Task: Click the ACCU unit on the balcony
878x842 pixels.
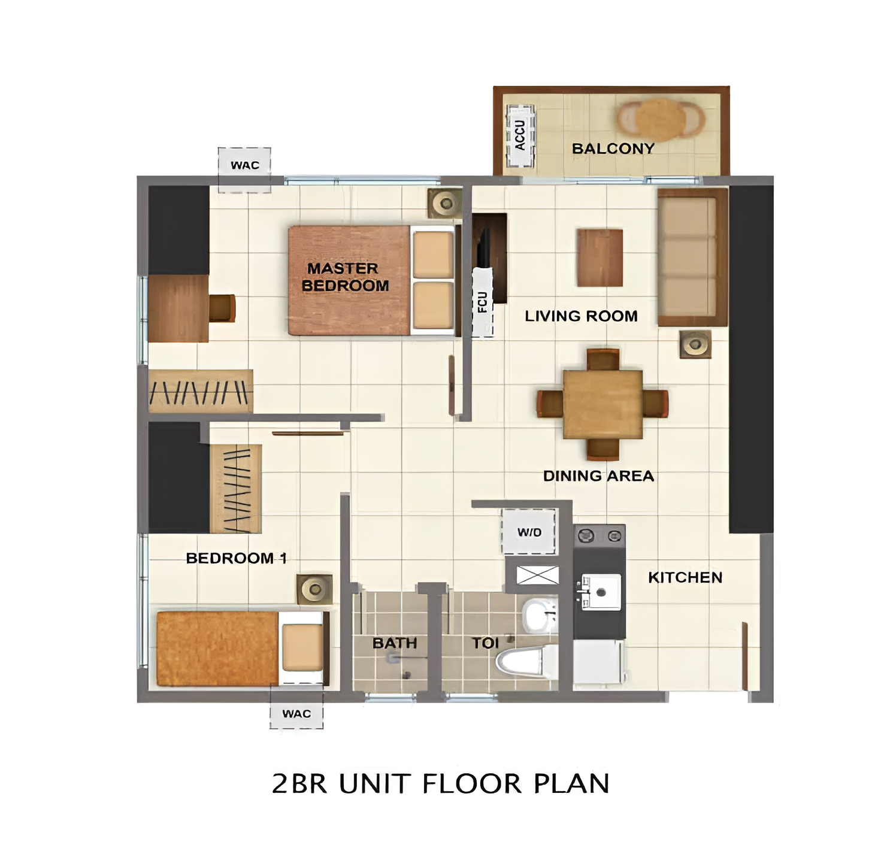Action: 520,135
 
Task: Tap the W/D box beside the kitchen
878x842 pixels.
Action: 529,532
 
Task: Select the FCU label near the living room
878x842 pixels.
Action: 482,302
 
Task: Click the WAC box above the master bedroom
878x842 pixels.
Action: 244,169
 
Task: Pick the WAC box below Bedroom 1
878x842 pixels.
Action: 296,713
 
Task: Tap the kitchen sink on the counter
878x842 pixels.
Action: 601,592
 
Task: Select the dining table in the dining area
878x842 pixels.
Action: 603,404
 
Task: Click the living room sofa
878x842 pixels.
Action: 692,257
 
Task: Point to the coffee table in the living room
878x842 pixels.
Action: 600,258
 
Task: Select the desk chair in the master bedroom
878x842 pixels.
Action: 222,308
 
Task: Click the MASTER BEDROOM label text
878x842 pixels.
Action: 345,277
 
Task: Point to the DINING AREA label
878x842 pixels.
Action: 598,475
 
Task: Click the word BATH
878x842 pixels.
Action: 394,643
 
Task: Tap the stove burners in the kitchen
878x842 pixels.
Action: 599,536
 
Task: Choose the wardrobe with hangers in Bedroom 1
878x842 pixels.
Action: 235,489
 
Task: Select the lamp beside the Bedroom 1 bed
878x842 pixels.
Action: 314,589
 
